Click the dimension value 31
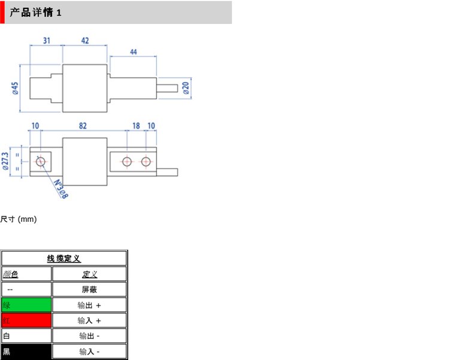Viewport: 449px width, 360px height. click(46, 41)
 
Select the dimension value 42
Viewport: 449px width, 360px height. click(85, 41)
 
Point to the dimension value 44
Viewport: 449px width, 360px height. click(133, 53)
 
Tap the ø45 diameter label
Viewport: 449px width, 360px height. click(15, 88)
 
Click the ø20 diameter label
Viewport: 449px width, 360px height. click(186, 88)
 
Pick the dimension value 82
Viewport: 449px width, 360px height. click(83, 126)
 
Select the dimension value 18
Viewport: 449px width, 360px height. click(136, 126)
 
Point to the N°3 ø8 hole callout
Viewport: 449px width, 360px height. click(60, 188)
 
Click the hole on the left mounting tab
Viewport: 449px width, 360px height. click(41, 161)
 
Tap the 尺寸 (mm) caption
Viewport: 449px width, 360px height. click(19, 219)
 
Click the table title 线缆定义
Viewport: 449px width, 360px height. click(64, 258)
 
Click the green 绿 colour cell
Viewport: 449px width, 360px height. click(26, 305)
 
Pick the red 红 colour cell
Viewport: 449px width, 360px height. click(26, 321)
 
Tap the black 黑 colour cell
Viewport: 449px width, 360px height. click(26, 352)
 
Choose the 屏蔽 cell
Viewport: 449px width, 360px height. click(89, 289)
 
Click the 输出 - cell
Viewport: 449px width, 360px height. click(89, 336)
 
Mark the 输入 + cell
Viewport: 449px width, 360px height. click(89, 321)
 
